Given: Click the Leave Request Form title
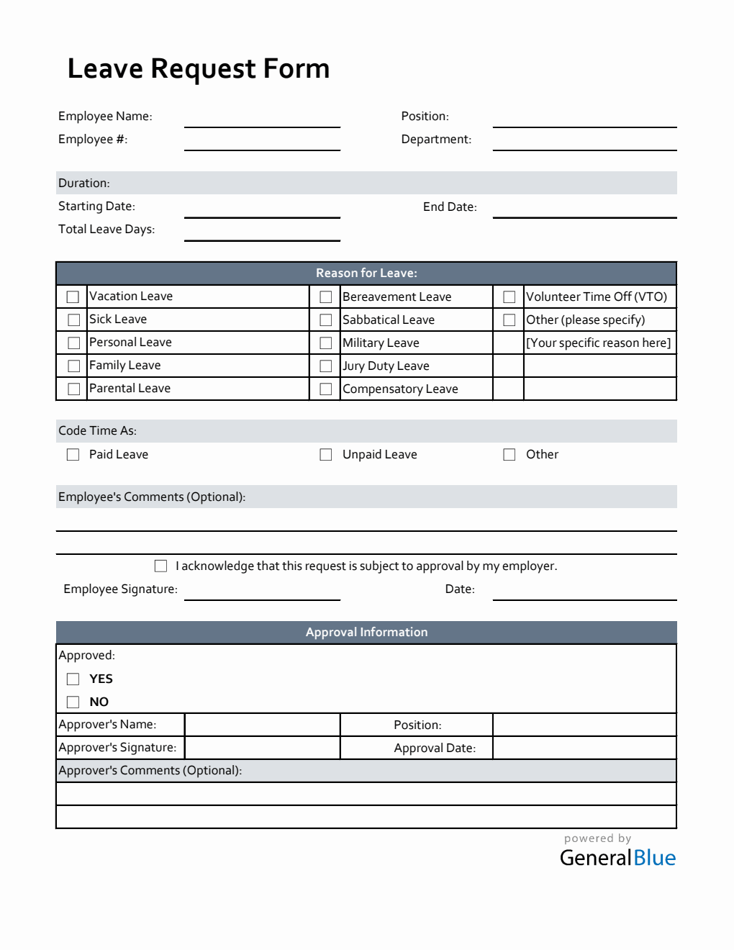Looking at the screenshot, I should pos(198,69).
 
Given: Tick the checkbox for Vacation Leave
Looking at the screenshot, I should pos(73,297).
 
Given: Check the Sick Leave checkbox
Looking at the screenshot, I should pos(73,320).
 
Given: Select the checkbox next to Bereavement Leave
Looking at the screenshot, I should pos(326,297).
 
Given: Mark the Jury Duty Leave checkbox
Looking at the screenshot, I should pos(326,366).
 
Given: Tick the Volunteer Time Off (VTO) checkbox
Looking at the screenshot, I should pos(509,297).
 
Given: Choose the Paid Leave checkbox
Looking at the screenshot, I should pos(73,454).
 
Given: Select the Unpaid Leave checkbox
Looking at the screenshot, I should pos(326,454).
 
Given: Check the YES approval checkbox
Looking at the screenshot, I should pos(73,679).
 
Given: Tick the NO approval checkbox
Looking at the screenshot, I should pos(73,702).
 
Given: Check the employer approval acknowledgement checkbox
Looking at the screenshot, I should pos(160,566).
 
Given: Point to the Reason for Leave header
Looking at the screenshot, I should pos(366,273).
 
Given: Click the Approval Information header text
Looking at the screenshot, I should pos(366,632).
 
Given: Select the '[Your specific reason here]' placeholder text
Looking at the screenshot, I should pos(598,343).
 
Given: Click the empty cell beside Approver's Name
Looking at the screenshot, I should pos(262,725).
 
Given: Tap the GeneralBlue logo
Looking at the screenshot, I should pos(617,857).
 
